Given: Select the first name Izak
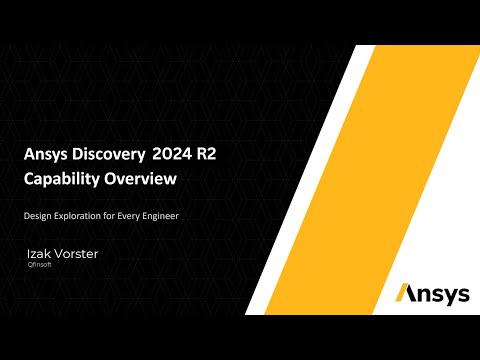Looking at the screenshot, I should click(41, 255).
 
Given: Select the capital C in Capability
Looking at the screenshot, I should click(30, 180).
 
